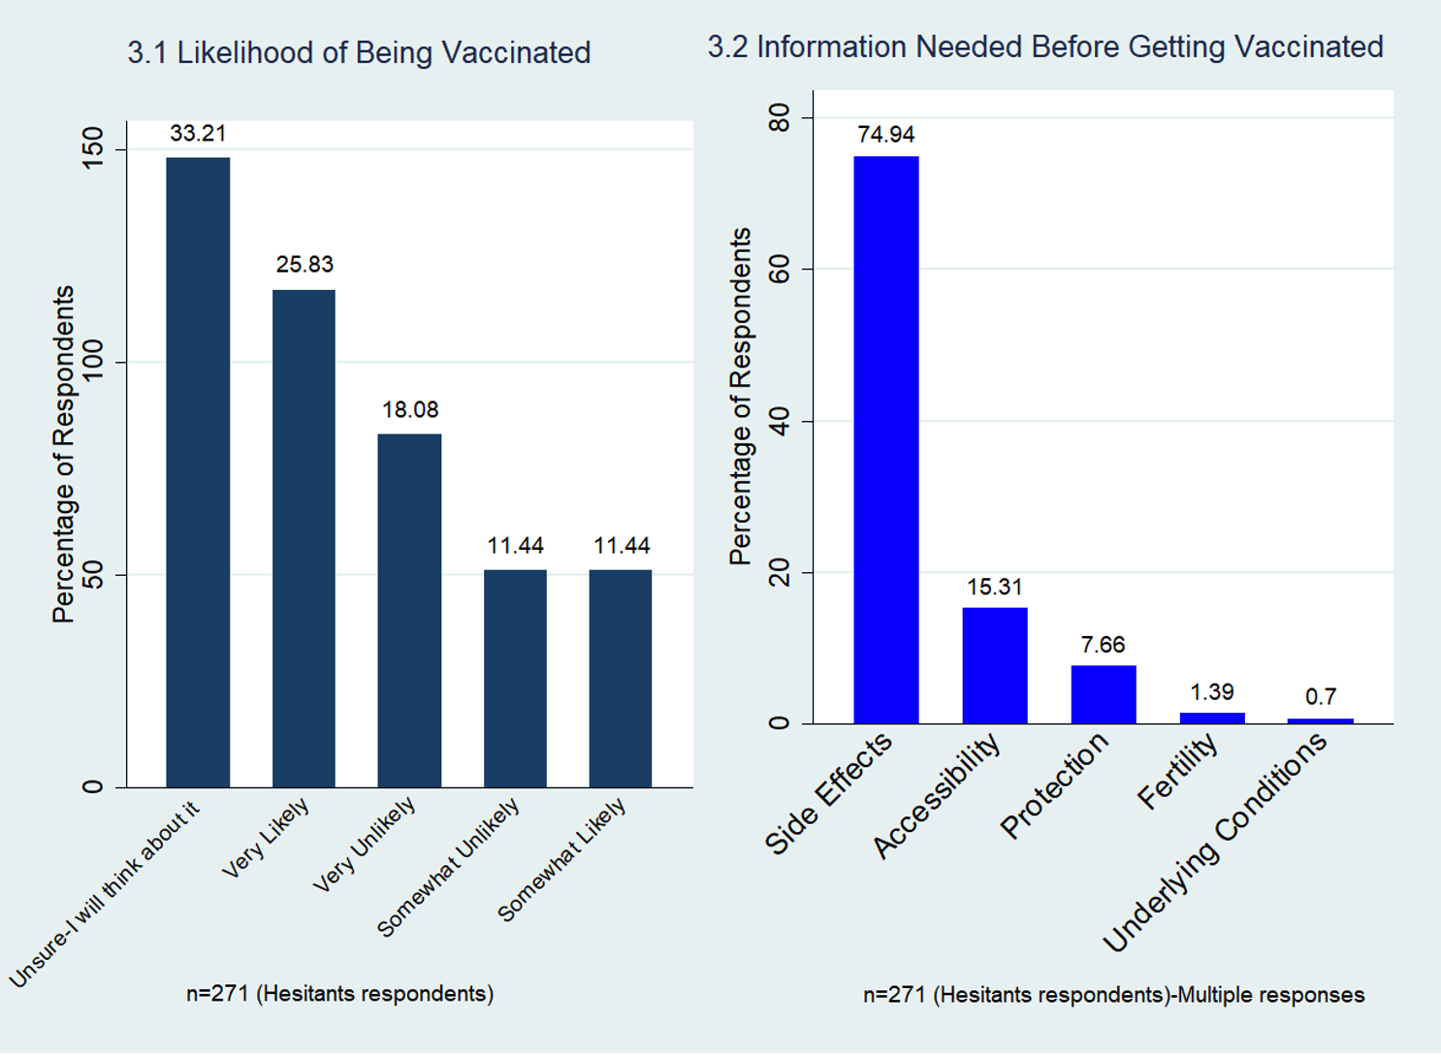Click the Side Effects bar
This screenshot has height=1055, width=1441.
pos(885,439)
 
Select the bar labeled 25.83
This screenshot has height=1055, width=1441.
pos(304,538)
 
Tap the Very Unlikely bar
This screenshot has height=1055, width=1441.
pos(409,610)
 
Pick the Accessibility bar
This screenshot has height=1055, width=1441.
pos(994,665)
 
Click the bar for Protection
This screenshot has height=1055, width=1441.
pos(1103,694)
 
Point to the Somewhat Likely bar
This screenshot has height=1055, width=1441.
pos(621,678)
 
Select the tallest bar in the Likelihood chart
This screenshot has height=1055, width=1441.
pos(198,472)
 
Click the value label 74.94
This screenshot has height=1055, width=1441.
pos(885,135)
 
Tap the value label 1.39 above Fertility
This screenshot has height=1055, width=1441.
pos(1211,692)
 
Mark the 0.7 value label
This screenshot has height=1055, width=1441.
pos(1320,697)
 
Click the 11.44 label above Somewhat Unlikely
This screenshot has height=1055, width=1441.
pos(515,546)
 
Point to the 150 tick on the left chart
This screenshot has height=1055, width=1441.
pos(93,149)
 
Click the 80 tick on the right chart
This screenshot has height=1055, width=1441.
pos(780,118)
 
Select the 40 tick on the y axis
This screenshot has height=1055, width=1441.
pos(780,421)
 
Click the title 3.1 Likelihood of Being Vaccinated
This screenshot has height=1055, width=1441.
pos(359,52)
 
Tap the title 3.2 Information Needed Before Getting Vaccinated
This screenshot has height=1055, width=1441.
pos(1044,47)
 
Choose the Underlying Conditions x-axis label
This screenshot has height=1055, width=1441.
pos(1215,841)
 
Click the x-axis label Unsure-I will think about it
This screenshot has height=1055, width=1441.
pos(105,894)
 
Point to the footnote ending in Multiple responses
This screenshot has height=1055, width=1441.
pos(1113,995)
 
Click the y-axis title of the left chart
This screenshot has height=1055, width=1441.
pos(63,454)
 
